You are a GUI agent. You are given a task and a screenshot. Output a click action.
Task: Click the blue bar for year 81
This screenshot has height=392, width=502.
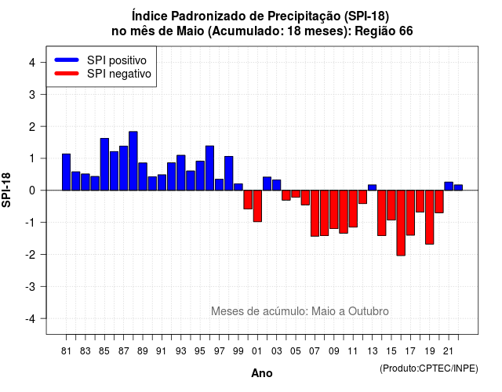click(66, 172)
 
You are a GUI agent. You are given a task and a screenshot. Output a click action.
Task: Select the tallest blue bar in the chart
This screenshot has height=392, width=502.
click(133, 161)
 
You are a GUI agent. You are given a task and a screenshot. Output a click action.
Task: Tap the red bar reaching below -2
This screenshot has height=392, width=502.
click(401, 223)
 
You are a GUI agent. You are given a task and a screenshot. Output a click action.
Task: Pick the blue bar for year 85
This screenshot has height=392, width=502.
click(104, 165)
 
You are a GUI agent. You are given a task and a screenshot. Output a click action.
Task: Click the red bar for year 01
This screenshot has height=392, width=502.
click(257, 206)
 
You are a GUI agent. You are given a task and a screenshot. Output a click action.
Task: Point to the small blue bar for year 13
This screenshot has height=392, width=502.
click(372, 187)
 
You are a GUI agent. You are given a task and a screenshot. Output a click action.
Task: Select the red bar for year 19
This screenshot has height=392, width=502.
click(430, 217)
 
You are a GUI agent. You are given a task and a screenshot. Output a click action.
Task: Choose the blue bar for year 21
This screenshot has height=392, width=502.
click(449, 187)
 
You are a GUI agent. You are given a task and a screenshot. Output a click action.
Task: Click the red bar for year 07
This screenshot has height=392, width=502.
click(315, 213)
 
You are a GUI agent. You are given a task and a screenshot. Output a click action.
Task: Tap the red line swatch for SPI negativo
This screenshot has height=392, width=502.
click(67, 74)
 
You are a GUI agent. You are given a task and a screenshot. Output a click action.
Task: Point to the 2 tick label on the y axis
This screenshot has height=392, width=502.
click(32, 127)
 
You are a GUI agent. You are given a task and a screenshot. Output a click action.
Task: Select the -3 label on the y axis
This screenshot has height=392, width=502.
click(31, 287)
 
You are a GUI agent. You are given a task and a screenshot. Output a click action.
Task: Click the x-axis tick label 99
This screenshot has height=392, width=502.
click(238, 351)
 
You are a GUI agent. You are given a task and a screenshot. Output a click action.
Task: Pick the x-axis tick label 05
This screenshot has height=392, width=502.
click(296, 351)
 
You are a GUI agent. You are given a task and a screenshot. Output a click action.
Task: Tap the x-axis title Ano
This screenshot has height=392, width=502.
click(262, 373)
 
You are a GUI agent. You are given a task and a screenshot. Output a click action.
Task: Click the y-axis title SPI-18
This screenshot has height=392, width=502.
click(6, 190)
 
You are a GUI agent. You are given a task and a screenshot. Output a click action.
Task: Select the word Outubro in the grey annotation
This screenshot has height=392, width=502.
click(369, 311)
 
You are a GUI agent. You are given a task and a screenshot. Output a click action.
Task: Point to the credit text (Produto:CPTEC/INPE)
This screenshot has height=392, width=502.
click(429, 368)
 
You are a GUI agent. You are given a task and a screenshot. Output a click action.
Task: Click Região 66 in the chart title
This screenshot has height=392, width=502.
click(384, 31)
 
